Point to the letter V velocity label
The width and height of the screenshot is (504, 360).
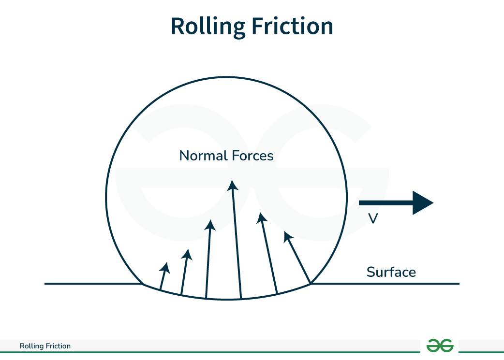(x=372, y=219)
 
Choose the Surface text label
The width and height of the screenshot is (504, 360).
(x=391, y=272)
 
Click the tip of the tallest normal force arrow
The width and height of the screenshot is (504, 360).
(x=233, y=183)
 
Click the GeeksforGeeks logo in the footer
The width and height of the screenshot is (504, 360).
(x=440, y=346)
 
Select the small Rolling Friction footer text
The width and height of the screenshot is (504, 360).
(x=45, y=346)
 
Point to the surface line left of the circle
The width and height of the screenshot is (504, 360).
(x=92, y=284)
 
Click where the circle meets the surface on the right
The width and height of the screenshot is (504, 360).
(x=311, y=283)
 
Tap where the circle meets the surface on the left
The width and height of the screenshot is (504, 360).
(x=142, y=284)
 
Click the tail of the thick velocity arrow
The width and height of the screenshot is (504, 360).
(x=361, y=202)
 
